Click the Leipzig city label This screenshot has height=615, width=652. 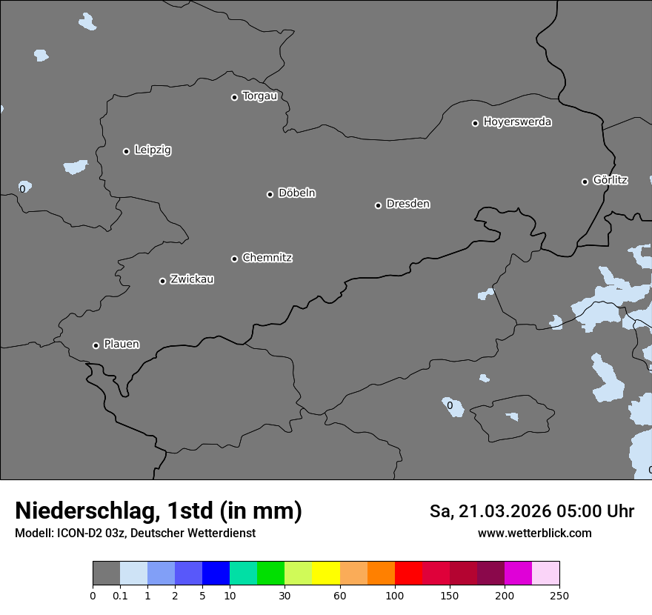tap(153, 150)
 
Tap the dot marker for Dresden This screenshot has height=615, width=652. tap(378, 205)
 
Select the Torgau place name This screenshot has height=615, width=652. tap(259, 96)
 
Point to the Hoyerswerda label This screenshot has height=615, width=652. tap(517, 122)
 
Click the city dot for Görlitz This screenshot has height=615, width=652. tap(585, 182)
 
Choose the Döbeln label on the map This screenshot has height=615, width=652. tap(296, 193)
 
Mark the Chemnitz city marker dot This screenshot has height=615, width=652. tap(234, 259)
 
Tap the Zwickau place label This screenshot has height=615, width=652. tap(192, 279)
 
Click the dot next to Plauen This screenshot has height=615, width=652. tap(96, 345)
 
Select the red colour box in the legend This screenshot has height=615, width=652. tap(408, 574)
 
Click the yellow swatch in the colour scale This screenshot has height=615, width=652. tap(326, 574)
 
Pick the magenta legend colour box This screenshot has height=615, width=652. tap(518, 574)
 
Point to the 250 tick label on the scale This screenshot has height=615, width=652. tap(559, 595)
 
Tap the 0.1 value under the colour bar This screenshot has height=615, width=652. tap(120, 595)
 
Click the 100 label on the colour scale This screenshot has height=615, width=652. tap(395, 595)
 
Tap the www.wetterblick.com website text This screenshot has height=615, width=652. tap(534, 533)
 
